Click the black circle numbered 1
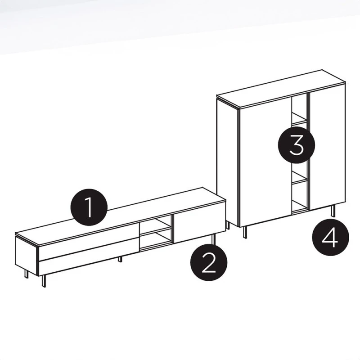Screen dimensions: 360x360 click(x=89, y=207)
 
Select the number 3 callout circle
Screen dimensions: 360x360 click(x=296, y=144)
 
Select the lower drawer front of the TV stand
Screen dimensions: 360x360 click(x=88, y=263)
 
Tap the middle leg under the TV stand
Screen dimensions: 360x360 click(x=120, y=260)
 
